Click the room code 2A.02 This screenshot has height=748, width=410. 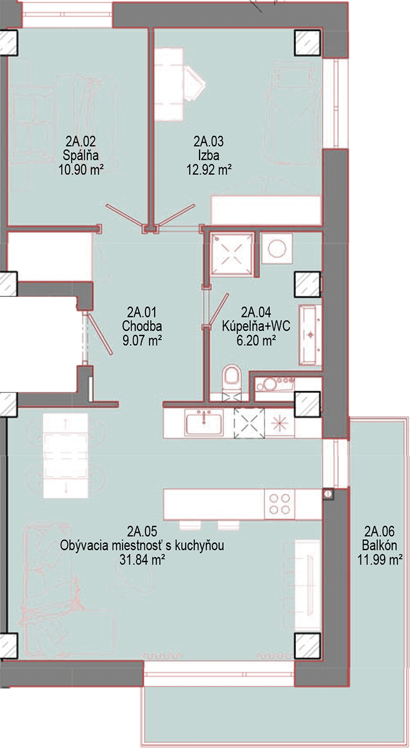(x=81, y=141)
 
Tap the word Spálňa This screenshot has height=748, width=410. (x=81, y=155)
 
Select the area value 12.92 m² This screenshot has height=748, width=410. (x=209, y=170)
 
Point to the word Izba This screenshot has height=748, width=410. (x=209, y=155)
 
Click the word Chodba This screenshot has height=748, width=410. (x=142, y=326)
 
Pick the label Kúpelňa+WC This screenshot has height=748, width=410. (x=256, y=326)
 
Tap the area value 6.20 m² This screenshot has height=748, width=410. (x=256, y=341)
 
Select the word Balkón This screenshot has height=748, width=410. (x=380, y=545)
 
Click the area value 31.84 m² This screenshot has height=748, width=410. (x=142, y=559)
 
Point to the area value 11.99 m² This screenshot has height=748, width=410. (x=380, y=559)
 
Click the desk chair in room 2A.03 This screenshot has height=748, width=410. (x=194, y=84)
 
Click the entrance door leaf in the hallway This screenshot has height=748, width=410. (x=99, y=334)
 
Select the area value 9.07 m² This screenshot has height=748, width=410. (x=142, y=341)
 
